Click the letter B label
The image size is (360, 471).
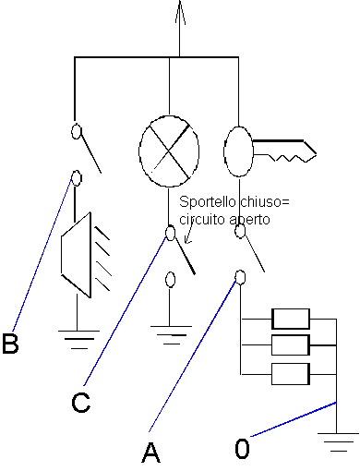(10, 343)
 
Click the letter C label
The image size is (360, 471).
(81, 402)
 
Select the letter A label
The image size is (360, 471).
(150, 453)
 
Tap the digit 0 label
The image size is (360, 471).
(242, 448)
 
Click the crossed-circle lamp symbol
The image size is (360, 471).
(169, 151)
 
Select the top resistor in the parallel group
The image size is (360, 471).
(291, 319)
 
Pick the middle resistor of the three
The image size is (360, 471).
(291, 345)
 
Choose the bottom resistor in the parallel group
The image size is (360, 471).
(291, 374)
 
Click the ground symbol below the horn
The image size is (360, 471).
(78, 340)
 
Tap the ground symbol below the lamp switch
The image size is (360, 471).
(171, 335)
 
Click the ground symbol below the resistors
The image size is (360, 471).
(338, 441)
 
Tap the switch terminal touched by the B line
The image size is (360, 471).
(77, 178)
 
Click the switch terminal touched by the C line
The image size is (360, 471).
(170, 233)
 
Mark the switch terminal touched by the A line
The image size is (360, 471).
(240, 277)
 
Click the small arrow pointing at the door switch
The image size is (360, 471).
(189, 233)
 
